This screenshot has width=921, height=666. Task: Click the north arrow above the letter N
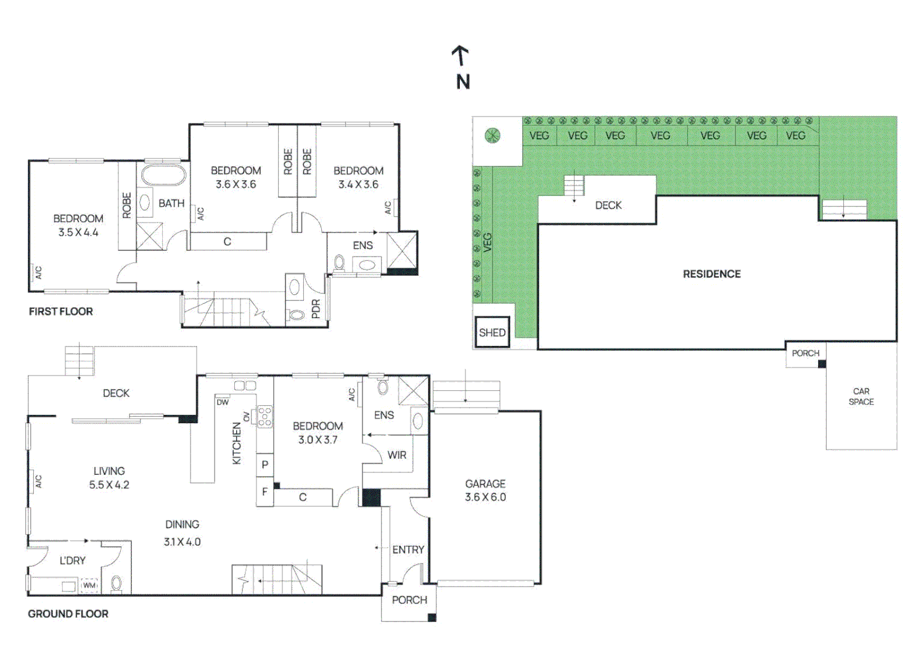[460, 55]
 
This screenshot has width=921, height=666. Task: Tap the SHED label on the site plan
[492, 332]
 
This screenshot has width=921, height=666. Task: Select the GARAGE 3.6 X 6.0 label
[485, 490]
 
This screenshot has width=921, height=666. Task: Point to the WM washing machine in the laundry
[89, 585]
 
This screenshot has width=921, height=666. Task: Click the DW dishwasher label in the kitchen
[223, 402]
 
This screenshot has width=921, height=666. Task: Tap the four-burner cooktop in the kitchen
[264, 416]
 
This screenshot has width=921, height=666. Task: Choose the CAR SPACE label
[861, 397]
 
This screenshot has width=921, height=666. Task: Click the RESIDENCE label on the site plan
[712, 274]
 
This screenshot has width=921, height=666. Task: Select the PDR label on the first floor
[316, 309]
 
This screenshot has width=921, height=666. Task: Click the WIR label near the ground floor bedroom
[397, 455]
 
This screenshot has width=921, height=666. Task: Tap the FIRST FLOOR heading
[61, 311]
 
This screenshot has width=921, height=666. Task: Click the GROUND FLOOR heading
[68, 614]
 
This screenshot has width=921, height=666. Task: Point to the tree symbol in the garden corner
[492, 135]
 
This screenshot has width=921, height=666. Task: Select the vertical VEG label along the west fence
[488, 242]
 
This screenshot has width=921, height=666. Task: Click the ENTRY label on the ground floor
[408, 549]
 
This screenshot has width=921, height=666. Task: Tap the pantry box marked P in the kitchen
[265, 465]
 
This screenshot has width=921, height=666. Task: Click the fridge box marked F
[265, 491]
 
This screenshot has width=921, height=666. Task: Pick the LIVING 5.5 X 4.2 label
[109, 477]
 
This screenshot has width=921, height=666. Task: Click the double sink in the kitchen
[245, 385]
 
